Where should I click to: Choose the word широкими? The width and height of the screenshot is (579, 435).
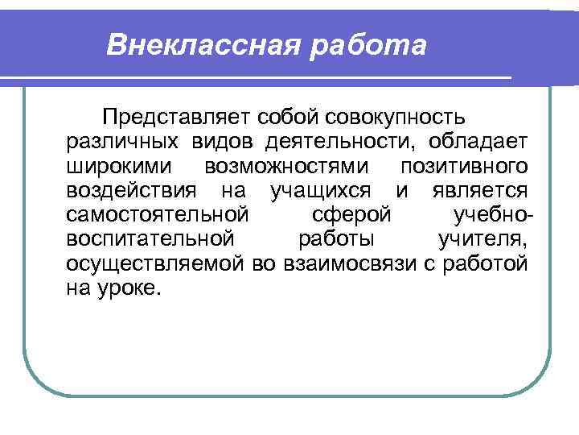click(x=113, y=167)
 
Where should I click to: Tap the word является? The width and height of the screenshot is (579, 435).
click(x=479, y=191)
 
